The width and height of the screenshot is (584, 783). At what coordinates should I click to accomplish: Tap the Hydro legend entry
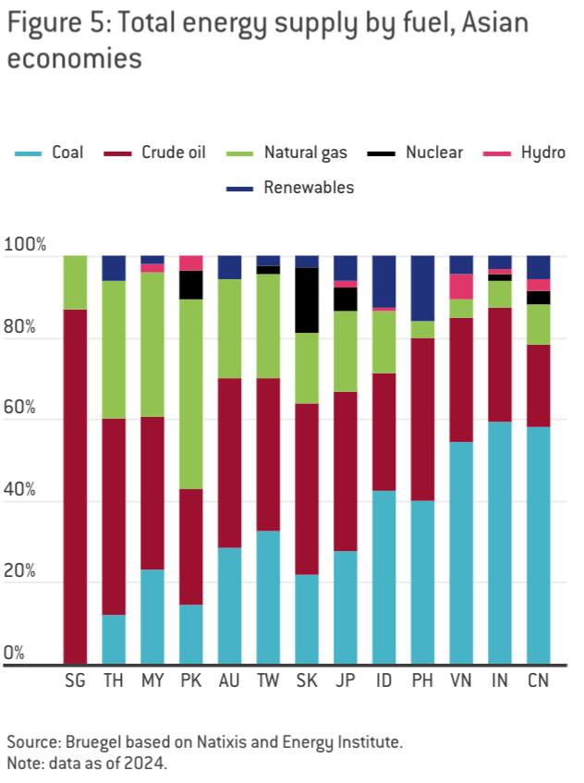(x=541, y=153)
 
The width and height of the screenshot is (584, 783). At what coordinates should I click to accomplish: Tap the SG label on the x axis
(x=76, y=681)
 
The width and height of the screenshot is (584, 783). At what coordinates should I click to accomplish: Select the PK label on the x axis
(x=191, y=681)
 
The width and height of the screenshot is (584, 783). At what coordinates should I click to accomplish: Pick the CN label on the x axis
(x=538, y=681)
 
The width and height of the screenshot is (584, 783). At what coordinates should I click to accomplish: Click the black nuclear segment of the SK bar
(x=307, y=300)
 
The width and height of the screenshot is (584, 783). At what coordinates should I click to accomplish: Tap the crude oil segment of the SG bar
(x=76, y=486)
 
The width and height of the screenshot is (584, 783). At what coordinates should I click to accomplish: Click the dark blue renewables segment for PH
(x=422, y=288)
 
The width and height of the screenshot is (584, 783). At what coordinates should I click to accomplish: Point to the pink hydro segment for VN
(x=461, y=287)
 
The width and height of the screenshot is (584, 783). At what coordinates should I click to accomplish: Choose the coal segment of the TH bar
(x=114, y=640)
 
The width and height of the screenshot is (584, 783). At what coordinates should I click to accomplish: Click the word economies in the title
(x=75, y=58)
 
